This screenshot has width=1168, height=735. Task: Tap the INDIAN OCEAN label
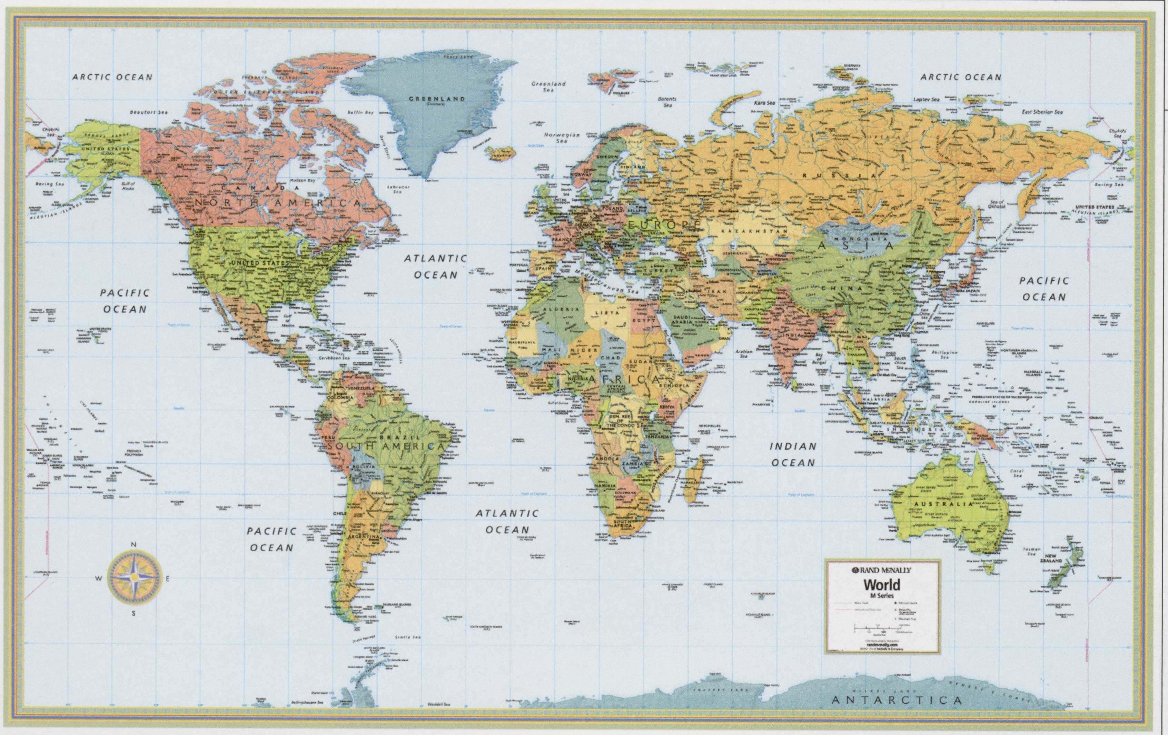(793, 455)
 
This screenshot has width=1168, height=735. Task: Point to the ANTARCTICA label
(897, 700)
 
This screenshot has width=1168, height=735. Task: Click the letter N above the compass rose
(134, 545)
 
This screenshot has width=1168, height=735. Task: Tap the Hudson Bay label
(303, 180)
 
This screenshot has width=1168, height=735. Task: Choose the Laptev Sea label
(927, 99)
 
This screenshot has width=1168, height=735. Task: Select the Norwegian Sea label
(562, 138)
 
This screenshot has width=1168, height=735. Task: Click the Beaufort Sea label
(148, 112)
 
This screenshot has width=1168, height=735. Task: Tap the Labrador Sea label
(398, 189)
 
